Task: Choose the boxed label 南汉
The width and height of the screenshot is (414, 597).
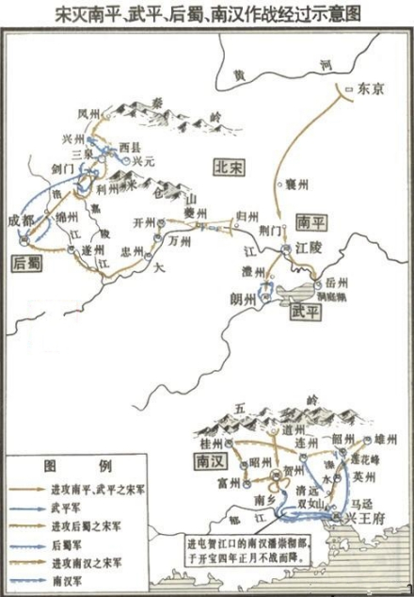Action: point(204,463)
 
